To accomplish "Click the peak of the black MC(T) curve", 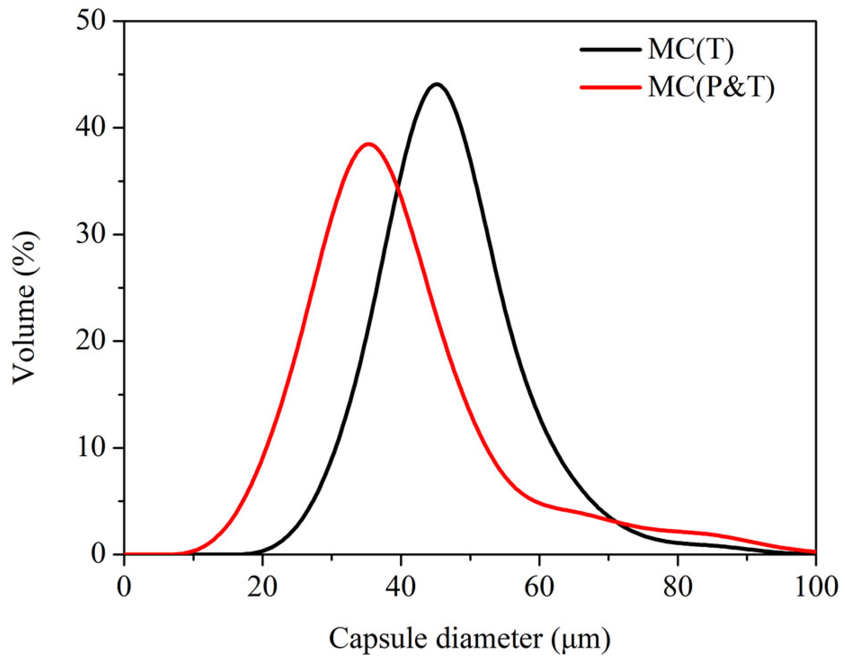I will coord(437,85).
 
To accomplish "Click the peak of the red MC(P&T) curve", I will coord(368,144).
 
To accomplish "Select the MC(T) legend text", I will coord(690,49).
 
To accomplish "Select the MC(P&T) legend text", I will coord(710,87).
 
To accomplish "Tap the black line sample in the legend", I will coord(610,49).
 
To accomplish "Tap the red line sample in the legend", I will coord(610,87).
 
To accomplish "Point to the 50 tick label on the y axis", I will coord(91,21).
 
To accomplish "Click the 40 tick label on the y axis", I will coord(91,128).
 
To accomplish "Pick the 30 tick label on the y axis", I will coord(91,235).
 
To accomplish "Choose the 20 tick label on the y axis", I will coord(91,341).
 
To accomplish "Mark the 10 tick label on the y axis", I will coord(91,448).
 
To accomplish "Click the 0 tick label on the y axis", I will coord(98,554).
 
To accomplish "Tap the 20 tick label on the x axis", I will coord(262,587).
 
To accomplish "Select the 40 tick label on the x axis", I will coord(400,587).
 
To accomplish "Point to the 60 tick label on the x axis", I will coord(539,587).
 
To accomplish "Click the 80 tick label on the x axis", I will coord(677,587).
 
